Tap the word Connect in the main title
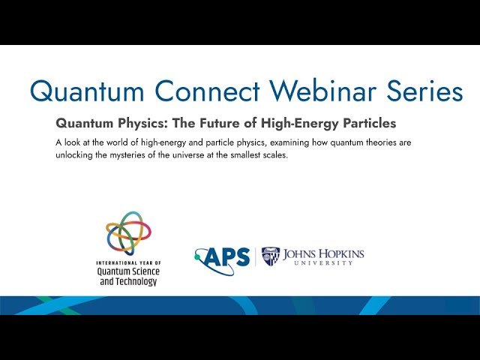click(198, 91)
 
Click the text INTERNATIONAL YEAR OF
click(128, 263)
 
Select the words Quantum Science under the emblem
click(128, 271)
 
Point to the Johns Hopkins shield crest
click(271, 256)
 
